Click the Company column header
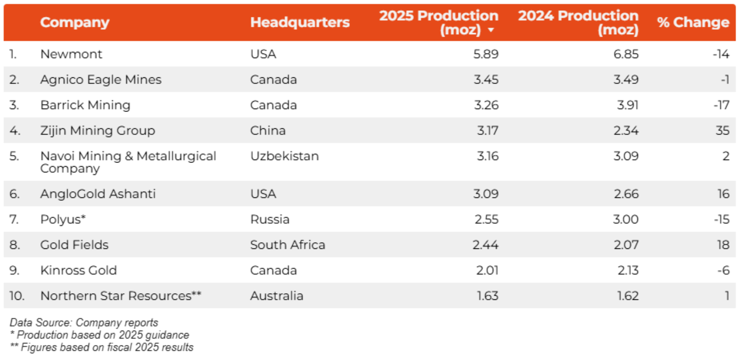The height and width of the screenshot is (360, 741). pos(75,22)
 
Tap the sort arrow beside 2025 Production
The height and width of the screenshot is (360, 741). pos(491,30)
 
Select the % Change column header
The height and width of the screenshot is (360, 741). pos(693,22)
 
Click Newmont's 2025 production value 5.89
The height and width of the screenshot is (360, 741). pos(485,54)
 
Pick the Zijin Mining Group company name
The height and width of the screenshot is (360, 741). pos(98,131)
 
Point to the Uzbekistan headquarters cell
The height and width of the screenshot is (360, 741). pos(284,156)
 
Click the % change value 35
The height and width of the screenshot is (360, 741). pos(722,131)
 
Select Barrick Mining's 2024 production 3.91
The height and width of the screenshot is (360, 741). pos(627,105)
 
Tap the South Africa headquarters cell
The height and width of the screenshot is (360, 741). pos(288,245)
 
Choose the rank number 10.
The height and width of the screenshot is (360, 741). pos(17,296)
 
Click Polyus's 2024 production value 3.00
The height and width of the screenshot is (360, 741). pos(625,219)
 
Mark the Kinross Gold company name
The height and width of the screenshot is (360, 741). pos(79,270)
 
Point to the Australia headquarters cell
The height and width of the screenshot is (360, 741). pos(276,296)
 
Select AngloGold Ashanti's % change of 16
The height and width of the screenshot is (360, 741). pos(723,194)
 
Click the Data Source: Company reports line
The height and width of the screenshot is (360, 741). pos(84,323)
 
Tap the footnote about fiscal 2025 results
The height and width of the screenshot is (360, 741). pos(101,347)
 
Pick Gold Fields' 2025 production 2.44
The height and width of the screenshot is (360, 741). pos(485,245)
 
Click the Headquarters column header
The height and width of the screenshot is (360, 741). pos(300,22)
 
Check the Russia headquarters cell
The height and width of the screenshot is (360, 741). pos(270,219)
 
